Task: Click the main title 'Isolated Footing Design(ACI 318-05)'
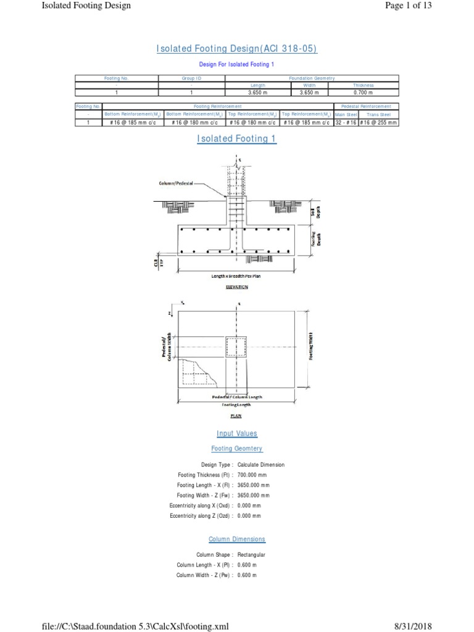point(237,49)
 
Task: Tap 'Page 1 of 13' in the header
point(435,7)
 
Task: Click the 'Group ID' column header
point(191,78)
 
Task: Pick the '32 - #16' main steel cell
point(345,122)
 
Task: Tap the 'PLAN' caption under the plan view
point(236,415)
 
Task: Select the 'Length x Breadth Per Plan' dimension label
point(236,276)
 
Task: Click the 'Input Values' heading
point(237,434)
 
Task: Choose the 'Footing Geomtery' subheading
point(237,449)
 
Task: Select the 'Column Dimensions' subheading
point(237,539)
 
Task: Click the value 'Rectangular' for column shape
point(251,555)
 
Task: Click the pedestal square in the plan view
point(236,347)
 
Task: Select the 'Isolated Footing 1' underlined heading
point(237,139)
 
